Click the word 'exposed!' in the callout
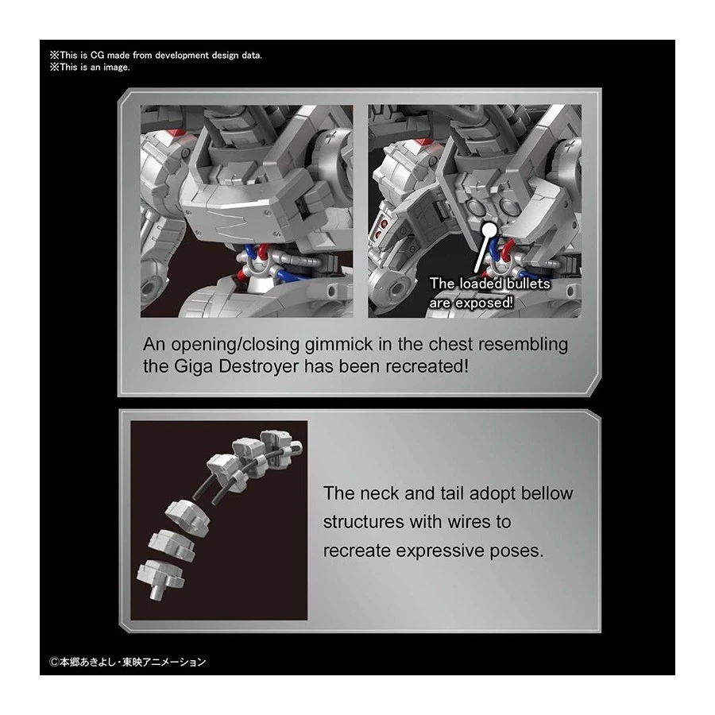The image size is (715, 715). [485, 303]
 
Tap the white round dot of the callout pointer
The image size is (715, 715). [489, 227]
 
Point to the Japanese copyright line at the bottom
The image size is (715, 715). [128, 662]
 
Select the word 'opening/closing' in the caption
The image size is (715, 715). [236, 345]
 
